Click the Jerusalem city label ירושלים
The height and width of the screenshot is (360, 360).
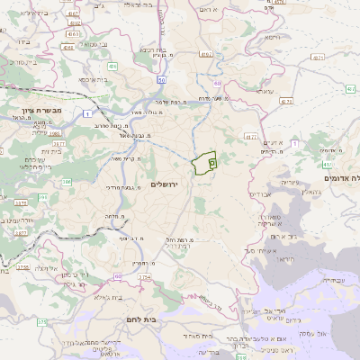(x=167, y=184)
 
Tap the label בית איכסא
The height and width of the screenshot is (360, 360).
(x=92, y=79)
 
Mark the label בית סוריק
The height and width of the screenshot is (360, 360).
(x=19, y=65)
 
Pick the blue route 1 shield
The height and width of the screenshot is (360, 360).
(x=86, y=112)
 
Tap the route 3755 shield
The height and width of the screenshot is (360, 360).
(x=22, y=267)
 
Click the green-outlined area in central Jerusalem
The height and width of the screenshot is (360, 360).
(x=206, y=163)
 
